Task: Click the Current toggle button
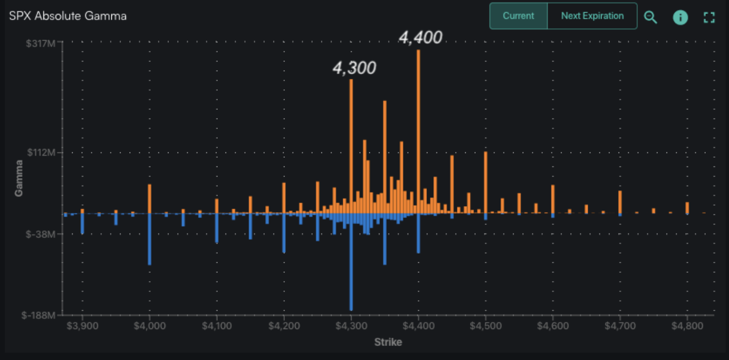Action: pyautogui.click(x=518, y=16)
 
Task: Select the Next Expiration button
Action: pyautogui.click(x=592, y=16)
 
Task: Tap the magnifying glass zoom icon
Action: pyautogui.click(x=651, y=17)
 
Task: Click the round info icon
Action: pyautogui.click(x=680, y=17)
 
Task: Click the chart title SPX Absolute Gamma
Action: pyautogui.click(x=68, y=16)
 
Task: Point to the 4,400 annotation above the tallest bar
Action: pyautogui.click(x=420, y=38)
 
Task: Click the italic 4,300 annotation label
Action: pyautogui.click(x=354, y=68)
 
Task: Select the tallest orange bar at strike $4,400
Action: pyautogui.click(x=418, y=131)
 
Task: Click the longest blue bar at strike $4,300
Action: pyautogui.click(x=351, y=261)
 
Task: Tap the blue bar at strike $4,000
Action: pyautogui.click(x=150, y=239)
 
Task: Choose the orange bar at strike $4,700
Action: pyautogui.click(x=620, y=202)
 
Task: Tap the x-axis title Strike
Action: pyautogui.click(x=388, y=342)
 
